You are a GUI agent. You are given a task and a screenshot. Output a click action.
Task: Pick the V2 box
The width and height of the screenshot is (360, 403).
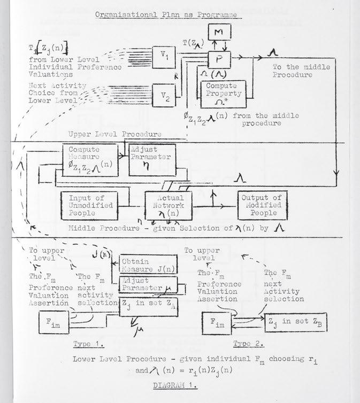tap(165, 96)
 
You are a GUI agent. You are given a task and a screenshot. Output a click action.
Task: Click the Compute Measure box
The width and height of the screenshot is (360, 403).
tap(89, 161)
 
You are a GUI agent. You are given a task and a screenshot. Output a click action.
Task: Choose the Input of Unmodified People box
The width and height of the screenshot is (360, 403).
tap(88, 205)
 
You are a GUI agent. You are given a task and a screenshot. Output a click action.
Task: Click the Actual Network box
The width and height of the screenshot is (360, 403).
tap(169, 205)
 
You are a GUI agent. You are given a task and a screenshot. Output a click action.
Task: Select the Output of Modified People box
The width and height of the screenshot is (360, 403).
tap(260, 205)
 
